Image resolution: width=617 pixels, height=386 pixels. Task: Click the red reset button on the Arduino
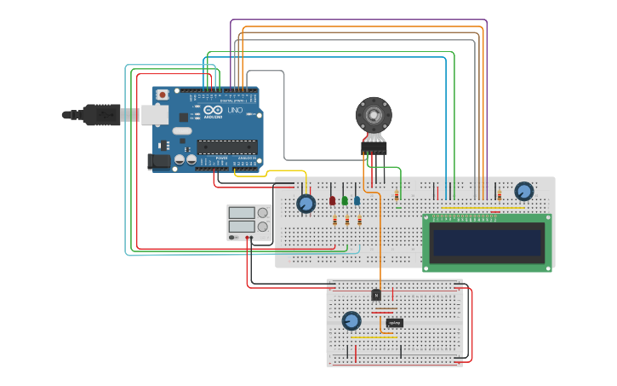click(x=162, y=94)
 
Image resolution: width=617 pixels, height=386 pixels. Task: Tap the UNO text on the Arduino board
click(x=233, y=110)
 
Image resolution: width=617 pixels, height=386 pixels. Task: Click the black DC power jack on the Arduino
click(x=158, y=161)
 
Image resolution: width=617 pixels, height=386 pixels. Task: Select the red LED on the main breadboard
click(x=333, y=201)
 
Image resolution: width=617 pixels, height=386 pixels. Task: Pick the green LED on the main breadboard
click(x=345, y=201)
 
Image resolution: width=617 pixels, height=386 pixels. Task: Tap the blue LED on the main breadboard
click(x=357, y=201)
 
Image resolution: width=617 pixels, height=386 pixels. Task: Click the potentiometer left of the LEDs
click(x=306, y=204)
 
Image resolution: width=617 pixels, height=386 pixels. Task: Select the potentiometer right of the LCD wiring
click(x=524, y=191)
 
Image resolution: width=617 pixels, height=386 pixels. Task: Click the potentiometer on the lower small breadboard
click(x=351, y=320)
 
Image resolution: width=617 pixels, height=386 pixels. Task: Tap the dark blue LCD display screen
click(x=487, y=243)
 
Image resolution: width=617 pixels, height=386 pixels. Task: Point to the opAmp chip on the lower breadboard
click(x=394, y=323)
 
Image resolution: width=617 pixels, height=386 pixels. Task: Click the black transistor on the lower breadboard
click(x=376, y=295)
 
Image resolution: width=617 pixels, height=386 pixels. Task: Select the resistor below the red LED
click(x=334, y=221)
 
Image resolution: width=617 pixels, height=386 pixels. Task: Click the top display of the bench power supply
click(x=241, y=213)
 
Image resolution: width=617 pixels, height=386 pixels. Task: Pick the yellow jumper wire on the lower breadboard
click(x=374, y=337)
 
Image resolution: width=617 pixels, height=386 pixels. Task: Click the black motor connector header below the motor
click(x=374, y=148)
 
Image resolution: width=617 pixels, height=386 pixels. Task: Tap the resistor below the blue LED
click(x=359, y=221)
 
